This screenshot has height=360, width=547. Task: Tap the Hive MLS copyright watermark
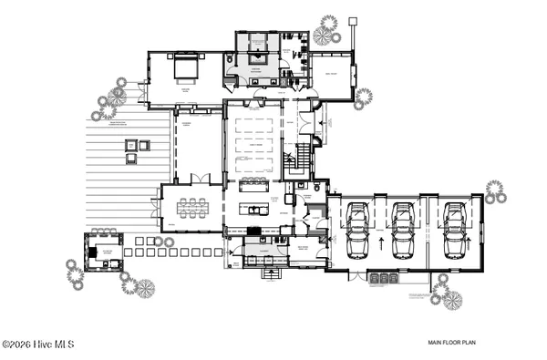[37, 345]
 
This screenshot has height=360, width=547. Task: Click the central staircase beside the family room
[295, 161]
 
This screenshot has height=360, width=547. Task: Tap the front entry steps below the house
[272, 272]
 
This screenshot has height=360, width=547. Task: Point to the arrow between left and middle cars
[379, 243]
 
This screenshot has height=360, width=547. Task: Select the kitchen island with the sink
[253, 209]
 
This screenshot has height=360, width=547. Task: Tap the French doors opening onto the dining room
[205, 179]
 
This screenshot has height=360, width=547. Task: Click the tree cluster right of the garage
[495, 192]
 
